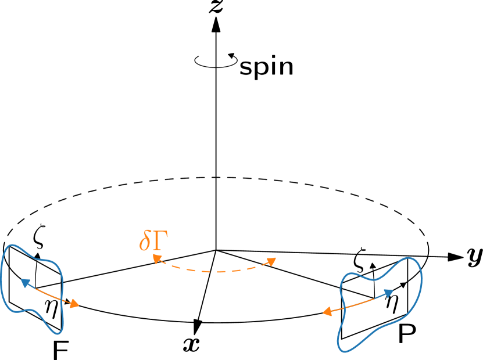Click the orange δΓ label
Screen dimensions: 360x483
click(x=153, y=241)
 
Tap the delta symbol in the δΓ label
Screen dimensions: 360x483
click(x=145, y=241)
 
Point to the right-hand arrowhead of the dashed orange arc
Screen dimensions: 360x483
click(x=271, y=261)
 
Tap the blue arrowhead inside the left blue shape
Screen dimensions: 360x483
click(x=25, y=282)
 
